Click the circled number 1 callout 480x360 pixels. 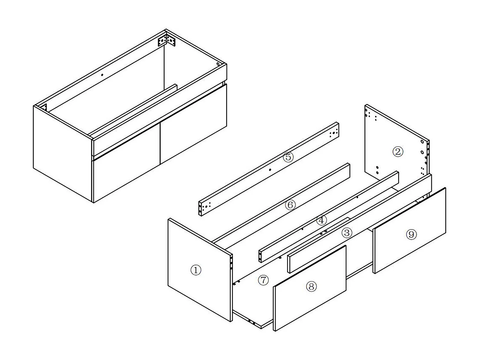(x=196, y=270)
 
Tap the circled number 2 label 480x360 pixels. (x=398, y=152)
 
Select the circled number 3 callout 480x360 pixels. (x=347, y=233)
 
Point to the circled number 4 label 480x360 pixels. (x=321, y=220)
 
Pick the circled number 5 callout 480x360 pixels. (x=288, y=157)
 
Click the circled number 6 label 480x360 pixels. (x=290, y=205)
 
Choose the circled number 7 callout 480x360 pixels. (x=263, y=280)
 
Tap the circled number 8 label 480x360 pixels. (x=311, y=286)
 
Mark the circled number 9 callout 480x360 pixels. (x=411, y=235)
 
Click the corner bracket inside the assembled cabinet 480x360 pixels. (x=166, y=41)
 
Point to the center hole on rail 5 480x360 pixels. (x=270, y=170)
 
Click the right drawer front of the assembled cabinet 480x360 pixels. (x=194, y=123)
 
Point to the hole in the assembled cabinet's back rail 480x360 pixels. (x=102, y=75)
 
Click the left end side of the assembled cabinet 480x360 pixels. (x=63, y=154)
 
